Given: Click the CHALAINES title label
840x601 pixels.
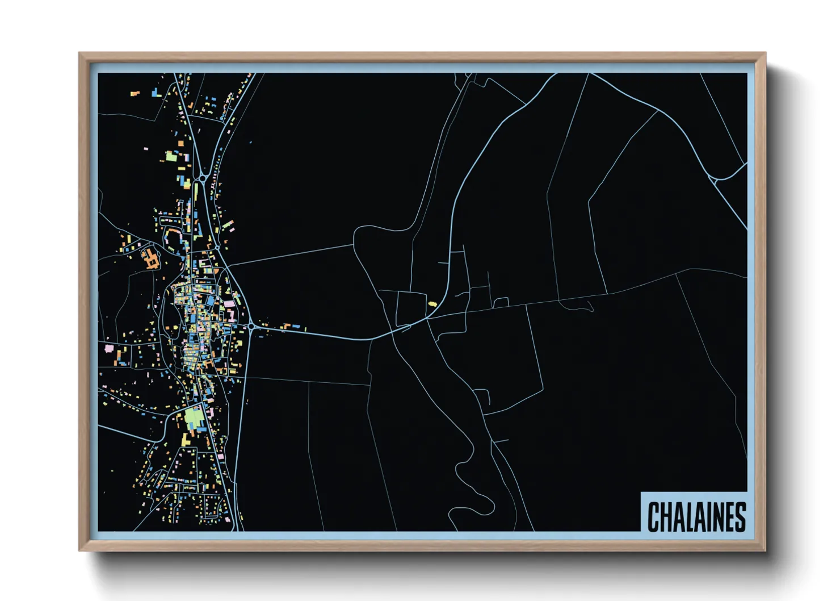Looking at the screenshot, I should pyautogui.click(x=696, y=516).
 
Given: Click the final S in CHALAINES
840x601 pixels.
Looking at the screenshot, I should pyautogui.click(x=740, y=517).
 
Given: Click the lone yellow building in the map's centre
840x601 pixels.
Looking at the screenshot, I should pyautogui.click(x=432, y=304).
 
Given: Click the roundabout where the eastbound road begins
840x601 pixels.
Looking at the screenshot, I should pyautogui.click(x=251, y=326).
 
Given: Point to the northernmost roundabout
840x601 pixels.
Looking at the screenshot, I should pyautogui.click(x=203, y=178).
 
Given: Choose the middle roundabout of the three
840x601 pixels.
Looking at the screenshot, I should pyautogui.click(x=217, y=248).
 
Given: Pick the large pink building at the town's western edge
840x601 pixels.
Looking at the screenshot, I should pyautogui.click(x=109, y=348).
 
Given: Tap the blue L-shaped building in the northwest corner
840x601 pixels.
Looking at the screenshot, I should pyautogui.click(x=156, y=92).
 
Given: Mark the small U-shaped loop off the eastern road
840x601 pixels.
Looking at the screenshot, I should pyautogui.click(x=501, y=302).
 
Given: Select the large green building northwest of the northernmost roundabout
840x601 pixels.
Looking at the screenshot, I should pyautogui.click(x=171, y=156).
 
